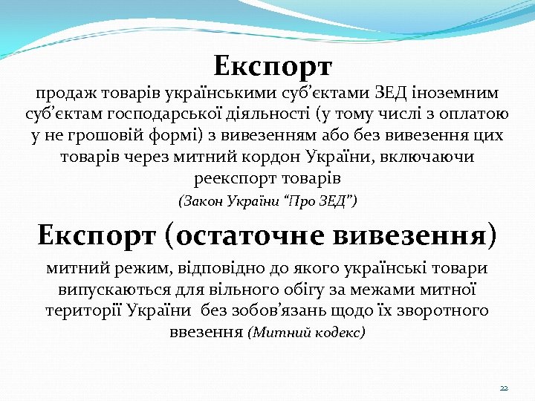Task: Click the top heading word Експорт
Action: [x=272, y=66]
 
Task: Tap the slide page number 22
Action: [x=503, y=388]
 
